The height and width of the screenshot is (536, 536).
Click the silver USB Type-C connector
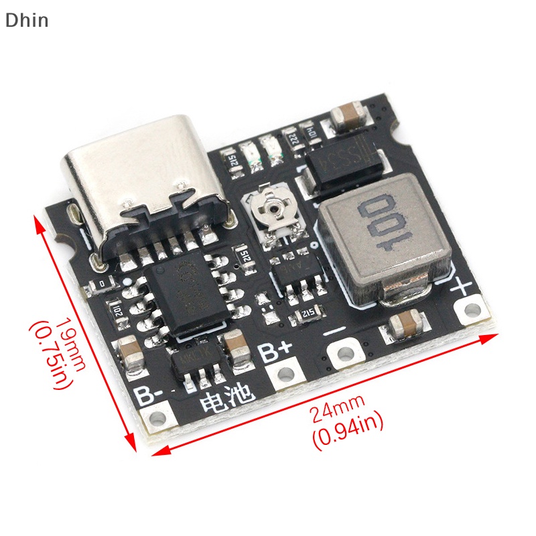coord(144,194)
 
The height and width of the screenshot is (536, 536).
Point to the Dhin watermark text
coord(27,20)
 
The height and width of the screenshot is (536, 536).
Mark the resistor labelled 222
coord(293,139)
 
